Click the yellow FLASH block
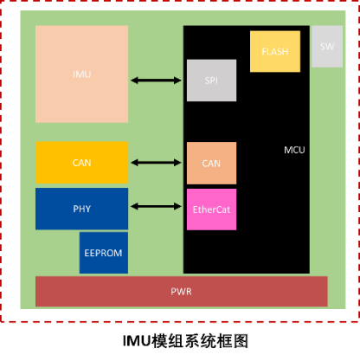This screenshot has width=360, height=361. tap(275, 51)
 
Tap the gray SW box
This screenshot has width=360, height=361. tap(327, 47)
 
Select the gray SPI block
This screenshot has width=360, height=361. tap(211, 81)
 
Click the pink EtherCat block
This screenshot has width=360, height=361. tap(211, 210)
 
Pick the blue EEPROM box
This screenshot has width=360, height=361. tap(104, 253)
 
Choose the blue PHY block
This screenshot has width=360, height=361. tap(82, 209)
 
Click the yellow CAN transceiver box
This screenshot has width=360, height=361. tap(82, 163)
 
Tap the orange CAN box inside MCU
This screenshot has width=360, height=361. tap(211, 163)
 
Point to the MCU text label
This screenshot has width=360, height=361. tap(294, 150)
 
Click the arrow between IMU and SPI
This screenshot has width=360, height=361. tap(156, 81)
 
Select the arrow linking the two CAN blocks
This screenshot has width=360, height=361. tap(156, 163)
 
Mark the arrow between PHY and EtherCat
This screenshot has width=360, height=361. tap(156, 206)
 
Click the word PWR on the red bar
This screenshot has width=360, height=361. tap(181, 292)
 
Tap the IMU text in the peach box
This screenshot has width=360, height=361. tap(82, 74)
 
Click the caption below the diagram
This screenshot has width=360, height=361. tap(185, 341)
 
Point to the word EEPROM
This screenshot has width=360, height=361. tap(103, 253)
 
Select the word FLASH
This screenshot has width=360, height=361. tap(275, 52)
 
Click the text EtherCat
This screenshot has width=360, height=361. tap(211, 210)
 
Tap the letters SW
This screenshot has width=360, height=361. tap(327, 47)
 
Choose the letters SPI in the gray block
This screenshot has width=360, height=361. tap(211, 81)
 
